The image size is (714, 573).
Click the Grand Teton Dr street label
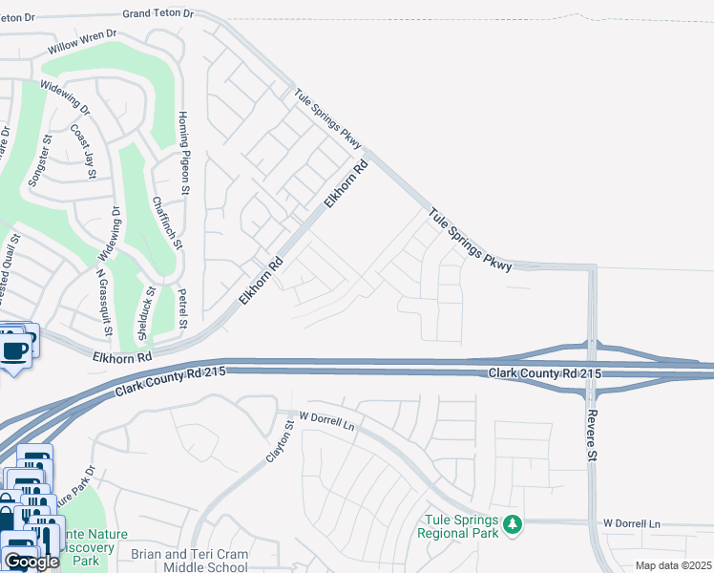pyautogui.click(x=158, y=14)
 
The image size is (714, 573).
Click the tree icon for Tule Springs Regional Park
pyautogui.click(x=514, y=523)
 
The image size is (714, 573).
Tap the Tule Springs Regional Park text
pyautogui.click(x=459, y=526)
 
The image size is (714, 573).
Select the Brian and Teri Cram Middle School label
pyautogui.click(x=190, y=561)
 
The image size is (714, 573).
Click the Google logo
pyautogui.click(x=31, y=562)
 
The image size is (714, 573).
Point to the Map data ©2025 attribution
pyautogui.click(x=673, y=565)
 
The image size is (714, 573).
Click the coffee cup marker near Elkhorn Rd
pyautogui.click(x=14, y=350)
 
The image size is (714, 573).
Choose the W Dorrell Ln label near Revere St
pyautogui.click(x=631, y=524)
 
